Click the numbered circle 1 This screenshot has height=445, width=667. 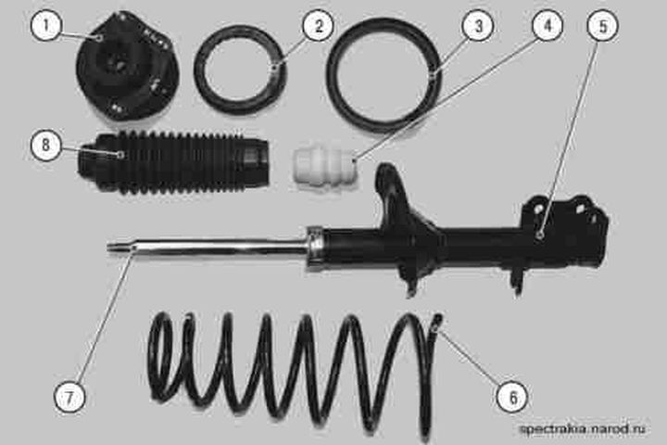coord(46,26)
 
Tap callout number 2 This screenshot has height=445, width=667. coord(318,26)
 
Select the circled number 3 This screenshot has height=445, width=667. coord(478,26)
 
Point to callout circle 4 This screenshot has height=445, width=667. coord(547,25)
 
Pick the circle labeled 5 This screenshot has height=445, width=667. coord(603,26)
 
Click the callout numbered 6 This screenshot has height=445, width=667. coord(512,398)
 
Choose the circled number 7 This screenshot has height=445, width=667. coord(69,398)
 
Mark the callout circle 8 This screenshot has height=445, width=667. coord(46,145)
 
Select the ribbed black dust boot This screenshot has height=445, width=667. coord(172,162)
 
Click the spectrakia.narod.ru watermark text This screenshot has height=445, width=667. coord(583,428)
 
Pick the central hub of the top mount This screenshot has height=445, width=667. coord(116,64)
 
